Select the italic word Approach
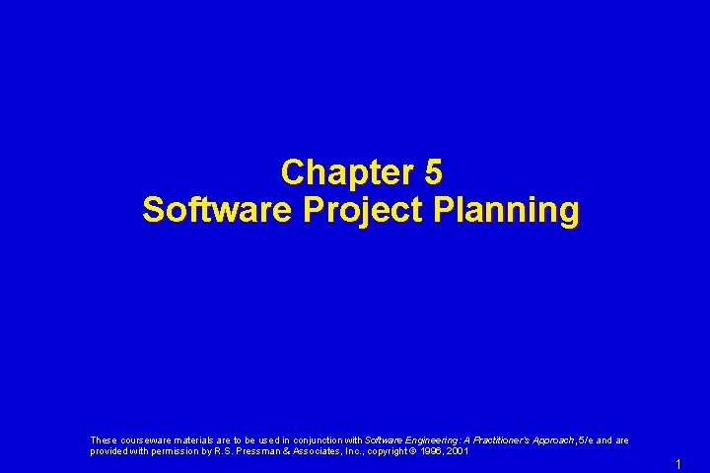[x=553, y=440]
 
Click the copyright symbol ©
[x=414, y=451]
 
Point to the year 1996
[x=432, y=451]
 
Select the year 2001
[x=459, y=451]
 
